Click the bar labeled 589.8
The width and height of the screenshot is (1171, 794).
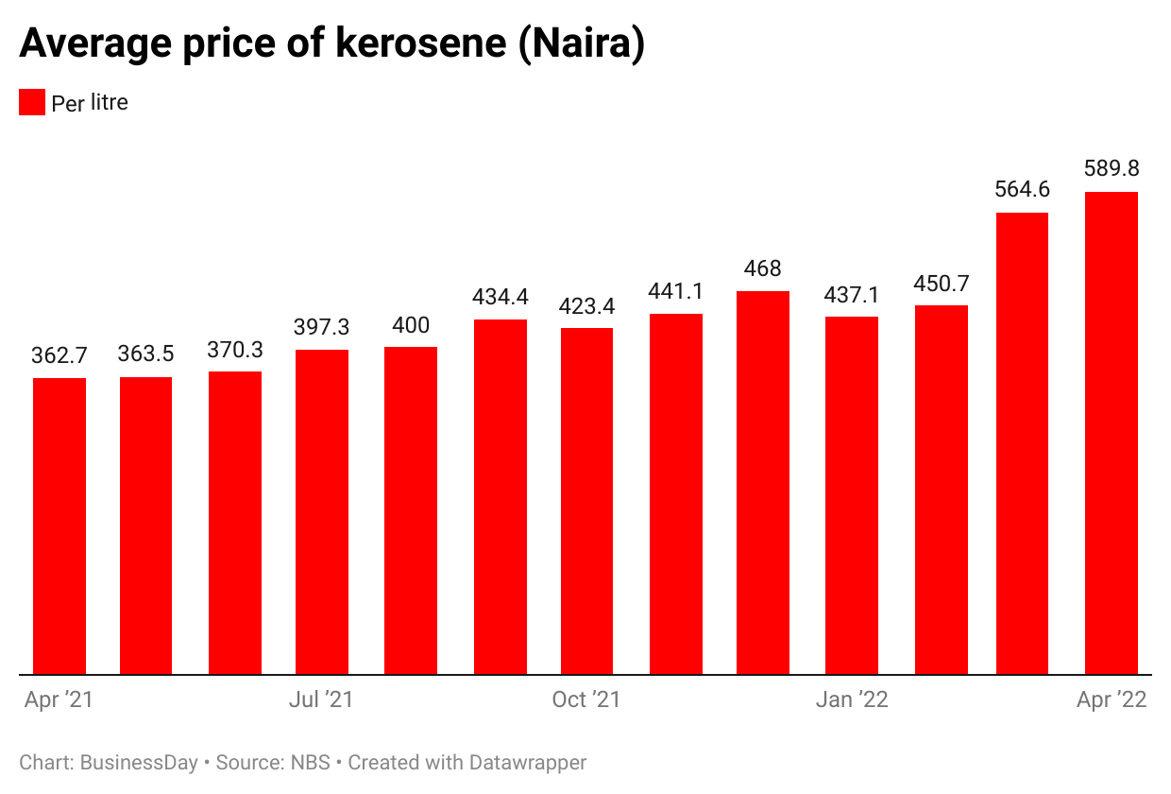coord(1111,433)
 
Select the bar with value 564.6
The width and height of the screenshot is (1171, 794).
coord(1022,443)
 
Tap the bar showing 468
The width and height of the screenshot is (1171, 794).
coord(763,483)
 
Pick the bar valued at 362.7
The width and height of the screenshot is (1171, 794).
coord(59,526)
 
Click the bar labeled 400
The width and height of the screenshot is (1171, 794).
coord(411,510)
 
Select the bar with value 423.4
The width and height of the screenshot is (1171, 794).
coord(586,501)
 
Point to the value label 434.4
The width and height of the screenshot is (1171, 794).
coord(501,297)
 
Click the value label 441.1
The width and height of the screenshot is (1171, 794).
coord(675,292)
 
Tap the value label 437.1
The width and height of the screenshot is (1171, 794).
coord(852,294)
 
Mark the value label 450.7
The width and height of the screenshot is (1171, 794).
coord(941,284)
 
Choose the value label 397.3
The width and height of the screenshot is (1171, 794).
coord(322,327)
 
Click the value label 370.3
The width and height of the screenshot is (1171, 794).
coord(235,350)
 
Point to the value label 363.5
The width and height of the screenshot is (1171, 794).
coord(145,354)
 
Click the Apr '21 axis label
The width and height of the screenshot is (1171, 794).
coord(59,700)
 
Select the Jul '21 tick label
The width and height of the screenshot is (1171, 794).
coord(321,700)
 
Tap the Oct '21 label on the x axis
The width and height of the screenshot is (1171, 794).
coord(586,700)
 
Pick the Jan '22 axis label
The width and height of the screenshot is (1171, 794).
coord(852,700)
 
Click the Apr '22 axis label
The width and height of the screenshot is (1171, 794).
coord(1112,700)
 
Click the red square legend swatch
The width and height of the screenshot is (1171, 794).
coord(32,102)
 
